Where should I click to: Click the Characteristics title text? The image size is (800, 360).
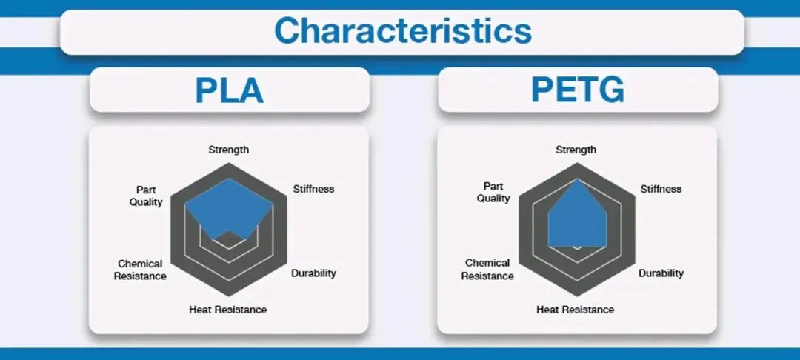pyautogui.click(x=402, y=31)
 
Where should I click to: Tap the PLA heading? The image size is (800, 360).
pyautogui.click(x=229, y=90)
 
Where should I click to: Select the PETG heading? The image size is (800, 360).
pyautogui.click(x=577, y=90)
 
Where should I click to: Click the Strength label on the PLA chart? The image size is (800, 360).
pyautogui.click(x=228, y=150)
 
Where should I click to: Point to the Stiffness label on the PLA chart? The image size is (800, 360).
pyautogui.click(x=313, y=189)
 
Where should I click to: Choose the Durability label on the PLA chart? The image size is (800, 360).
pyautogui.click(x=313, y=273)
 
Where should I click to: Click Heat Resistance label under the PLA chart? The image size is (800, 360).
pyautogui.click(x=228, y=309)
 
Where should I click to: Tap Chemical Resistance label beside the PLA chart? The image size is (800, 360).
pyautogui.click(x=141, y=270)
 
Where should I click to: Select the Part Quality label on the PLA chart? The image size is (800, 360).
pyautogui.click(x=145, y=195)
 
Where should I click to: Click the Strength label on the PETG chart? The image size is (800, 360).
pyautogui.click(x=576, y=150)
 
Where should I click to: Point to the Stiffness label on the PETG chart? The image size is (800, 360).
pyautogui.click(x=661, y=189)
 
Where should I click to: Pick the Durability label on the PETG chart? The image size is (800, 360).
pyautogui.click(x=661, y=273)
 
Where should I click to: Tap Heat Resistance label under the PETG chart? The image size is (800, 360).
pyautogui.click(x=576, y=309)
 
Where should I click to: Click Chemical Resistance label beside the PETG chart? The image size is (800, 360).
pyautogui.click(x=488, y=270)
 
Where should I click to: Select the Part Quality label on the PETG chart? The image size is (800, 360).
pyautogui.click(x=493, y=192)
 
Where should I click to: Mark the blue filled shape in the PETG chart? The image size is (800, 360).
pyautogui.click(x=576, y=219)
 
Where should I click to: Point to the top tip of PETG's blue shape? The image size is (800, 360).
pyautogui.click(x=576, y=179)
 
